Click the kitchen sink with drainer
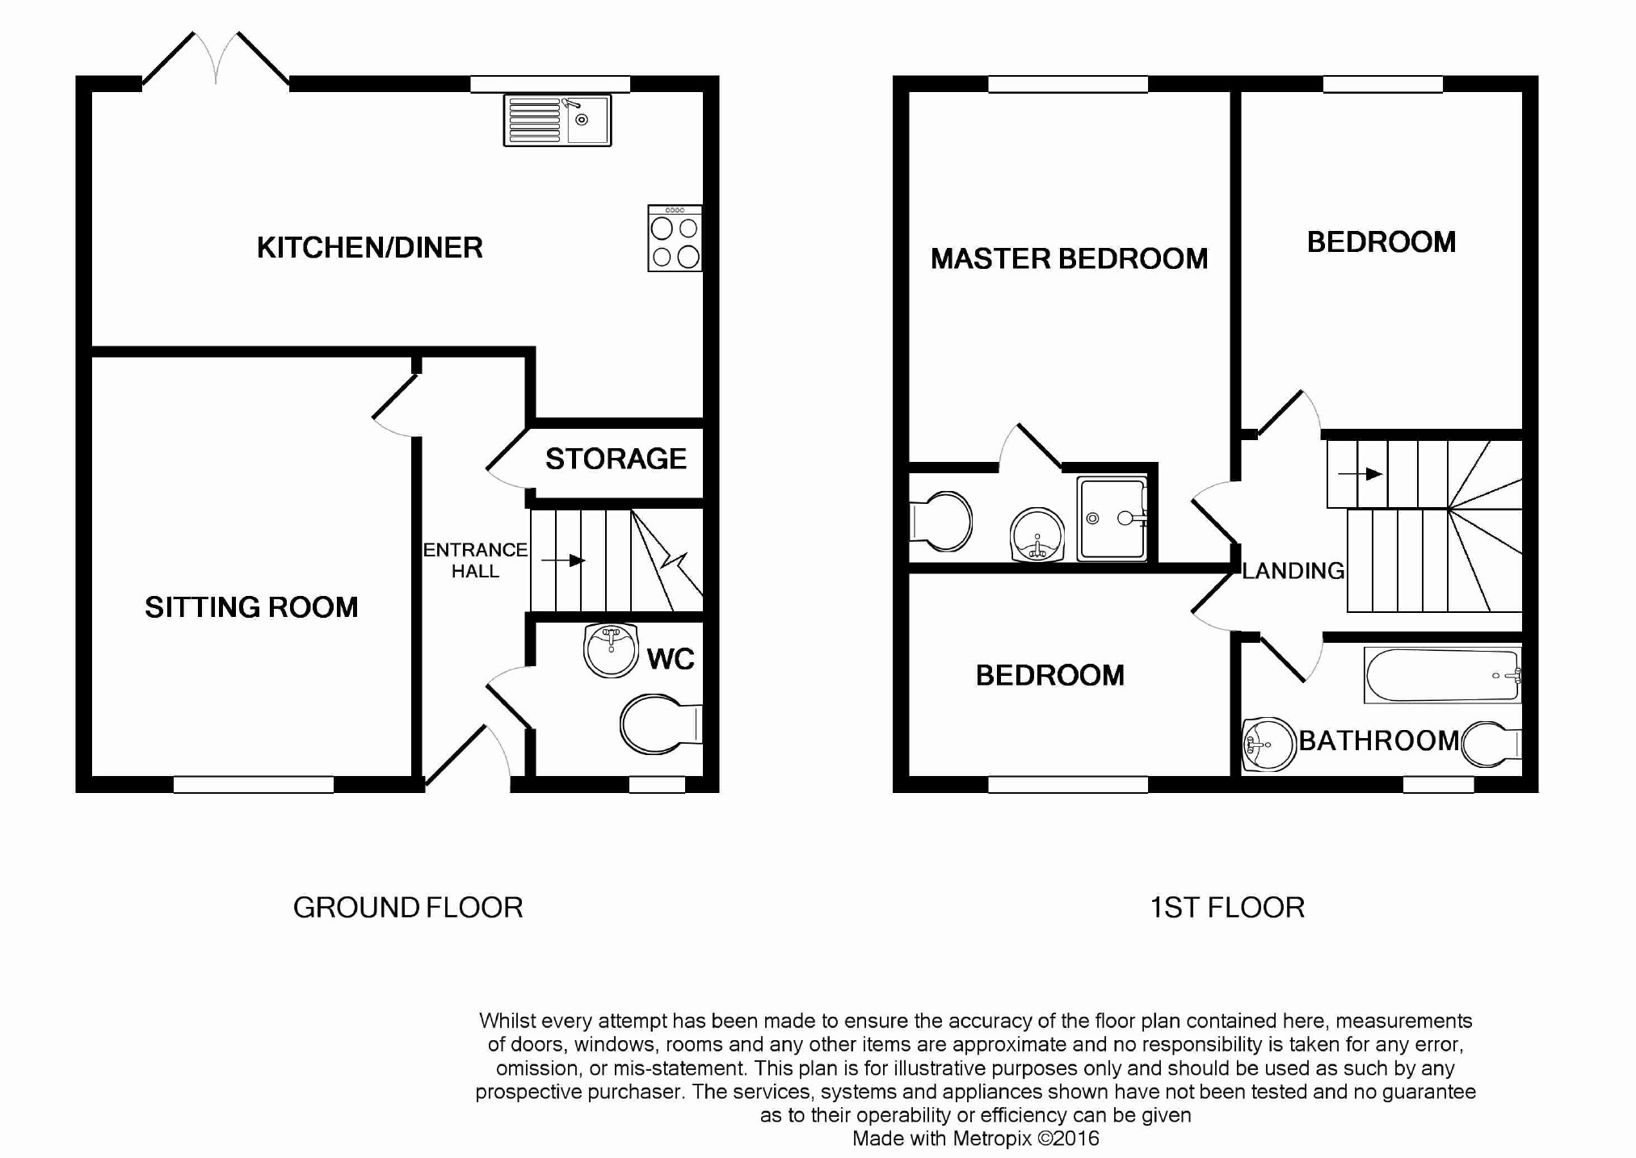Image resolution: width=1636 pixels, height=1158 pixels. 557,120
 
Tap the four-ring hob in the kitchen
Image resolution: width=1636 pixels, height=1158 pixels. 675,238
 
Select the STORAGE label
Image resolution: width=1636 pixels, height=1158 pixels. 616,459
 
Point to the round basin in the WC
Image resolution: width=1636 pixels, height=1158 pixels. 612,650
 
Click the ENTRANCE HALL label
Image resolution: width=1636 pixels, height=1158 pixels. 475,560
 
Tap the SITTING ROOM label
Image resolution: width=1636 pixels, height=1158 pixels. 251,607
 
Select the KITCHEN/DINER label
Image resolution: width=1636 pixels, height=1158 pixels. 370,247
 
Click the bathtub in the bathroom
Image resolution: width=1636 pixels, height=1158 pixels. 1443,675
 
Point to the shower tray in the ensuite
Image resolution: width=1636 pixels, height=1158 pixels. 1112,518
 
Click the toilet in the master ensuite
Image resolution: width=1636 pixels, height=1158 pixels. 940,522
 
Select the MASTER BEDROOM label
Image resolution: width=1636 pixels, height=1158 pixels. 1069,259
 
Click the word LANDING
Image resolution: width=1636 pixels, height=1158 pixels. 1293,571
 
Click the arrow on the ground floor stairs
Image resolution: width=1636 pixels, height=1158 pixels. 562,560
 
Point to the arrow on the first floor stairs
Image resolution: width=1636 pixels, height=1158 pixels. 1361,474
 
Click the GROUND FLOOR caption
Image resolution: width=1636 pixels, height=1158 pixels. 408,908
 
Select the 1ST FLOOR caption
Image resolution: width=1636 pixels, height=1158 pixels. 1227,908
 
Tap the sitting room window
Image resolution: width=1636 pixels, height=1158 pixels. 254,784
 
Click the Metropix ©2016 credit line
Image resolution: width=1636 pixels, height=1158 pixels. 976,1139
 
